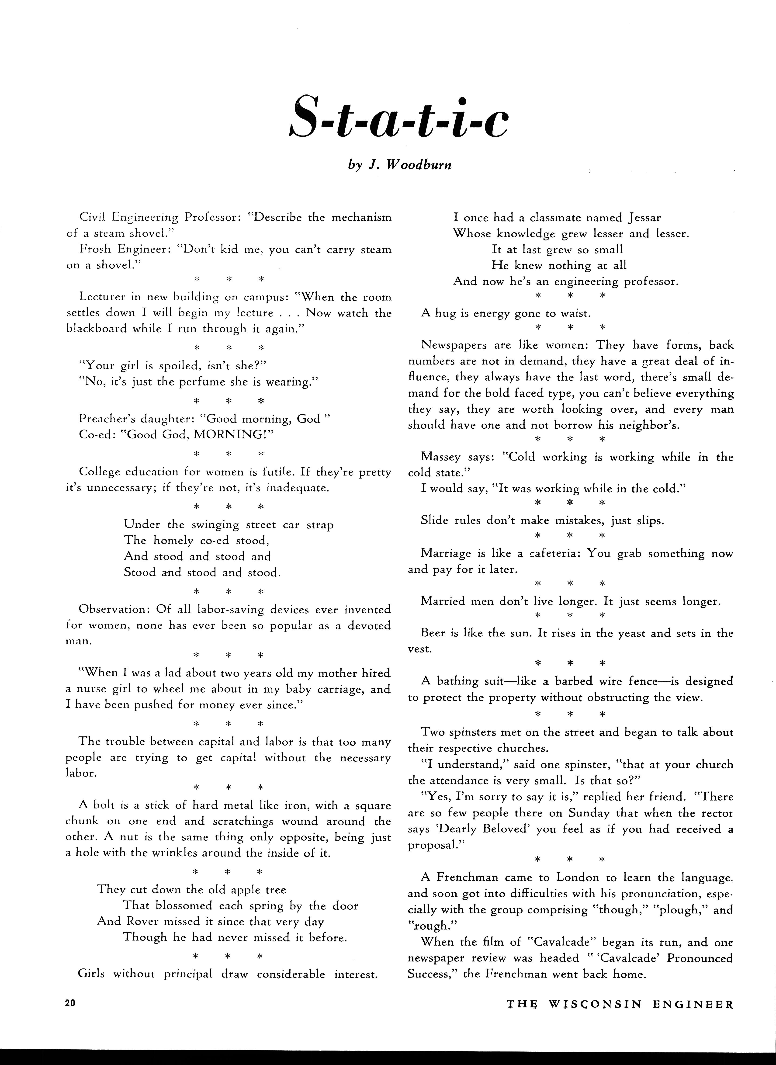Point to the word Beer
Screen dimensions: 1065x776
tap(433, 633)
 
